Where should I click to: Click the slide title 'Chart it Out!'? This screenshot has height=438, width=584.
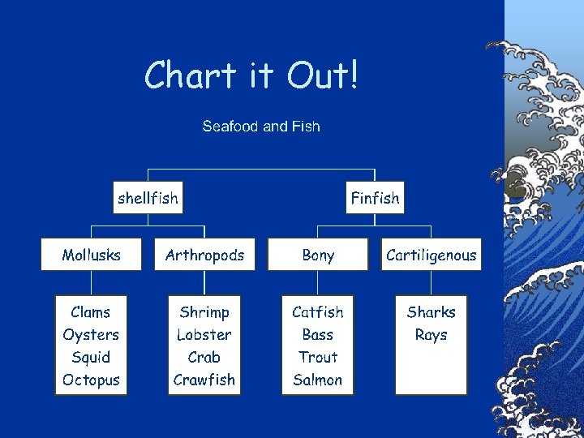(x=251, y=76)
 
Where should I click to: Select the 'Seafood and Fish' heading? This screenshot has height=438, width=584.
(x=261, y=127)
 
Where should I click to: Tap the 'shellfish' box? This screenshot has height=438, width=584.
(x=148, y=197)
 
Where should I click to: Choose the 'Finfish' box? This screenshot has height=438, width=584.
(x=375, y=197)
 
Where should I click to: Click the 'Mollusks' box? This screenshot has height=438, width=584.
(x=92, y=255)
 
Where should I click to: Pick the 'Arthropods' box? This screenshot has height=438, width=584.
(x=204, y=255)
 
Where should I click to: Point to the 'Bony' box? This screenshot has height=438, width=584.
(x=318, y=255)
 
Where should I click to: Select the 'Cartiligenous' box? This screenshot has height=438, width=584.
(x=431, y=255)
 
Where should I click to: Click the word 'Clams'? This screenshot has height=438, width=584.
(x=91, y=312)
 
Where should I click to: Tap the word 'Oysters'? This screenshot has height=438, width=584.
(x=91, y=334)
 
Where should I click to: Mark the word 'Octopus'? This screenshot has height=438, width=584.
(x=91, y=380)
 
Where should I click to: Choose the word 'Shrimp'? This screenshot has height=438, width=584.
(x=204, y=312)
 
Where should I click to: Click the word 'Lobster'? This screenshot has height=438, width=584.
(x=204, y=334)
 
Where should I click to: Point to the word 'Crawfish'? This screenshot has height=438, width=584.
(x=204, y=380)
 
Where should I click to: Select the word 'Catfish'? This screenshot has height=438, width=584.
(x=318, y=312)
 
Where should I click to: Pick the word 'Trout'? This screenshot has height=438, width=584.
(x=318, y=357)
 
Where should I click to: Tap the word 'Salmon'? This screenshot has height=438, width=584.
(x=318, y=380)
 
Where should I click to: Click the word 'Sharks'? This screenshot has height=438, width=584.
(x=431, y=312)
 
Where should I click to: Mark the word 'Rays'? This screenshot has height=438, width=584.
(x=431, y=334)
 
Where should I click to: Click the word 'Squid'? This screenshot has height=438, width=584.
(x=91, y=357)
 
